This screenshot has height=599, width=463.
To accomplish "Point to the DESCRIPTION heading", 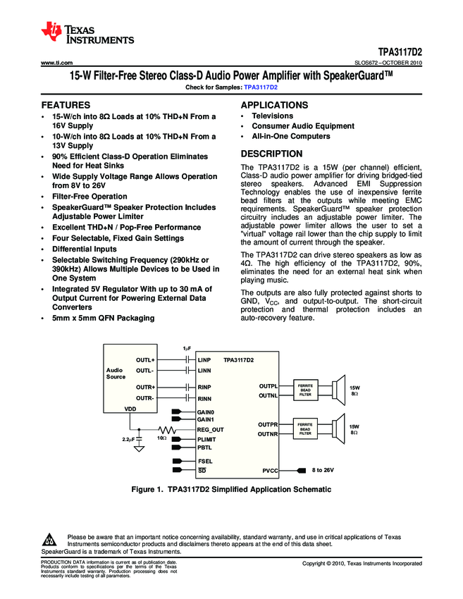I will [271, 154].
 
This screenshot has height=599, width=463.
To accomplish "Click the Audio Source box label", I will [115, 373].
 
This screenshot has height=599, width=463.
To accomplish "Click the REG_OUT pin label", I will [210, 429].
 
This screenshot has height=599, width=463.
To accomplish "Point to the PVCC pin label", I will [269, 469].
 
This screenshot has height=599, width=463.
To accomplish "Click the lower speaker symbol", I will [331, 429].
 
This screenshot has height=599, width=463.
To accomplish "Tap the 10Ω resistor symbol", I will [167, 429].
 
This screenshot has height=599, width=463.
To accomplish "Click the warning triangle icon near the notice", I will [50, 541].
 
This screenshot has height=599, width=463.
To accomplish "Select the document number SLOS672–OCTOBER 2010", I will [388, 63].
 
